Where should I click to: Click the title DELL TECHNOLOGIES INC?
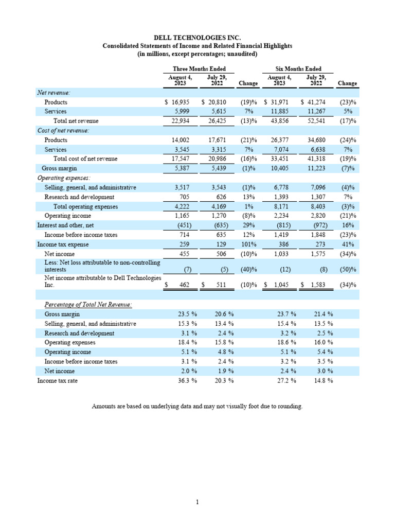point(197,38)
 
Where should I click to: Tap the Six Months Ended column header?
point(298,69)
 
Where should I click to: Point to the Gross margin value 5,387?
point(175,168)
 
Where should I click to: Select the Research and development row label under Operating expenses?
point(79,197)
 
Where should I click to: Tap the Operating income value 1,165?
point(175,216)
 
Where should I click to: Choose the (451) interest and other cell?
point(175,225)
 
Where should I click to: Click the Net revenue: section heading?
point(54,93)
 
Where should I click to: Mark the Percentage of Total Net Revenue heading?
point(88,305)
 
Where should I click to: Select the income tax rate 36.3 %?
point(176,380)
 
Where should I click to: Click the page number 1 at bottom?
point(197,502)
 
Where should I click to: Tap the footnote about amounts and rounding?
point(197,407)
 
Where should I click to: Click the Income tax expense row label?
point(63,244)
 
